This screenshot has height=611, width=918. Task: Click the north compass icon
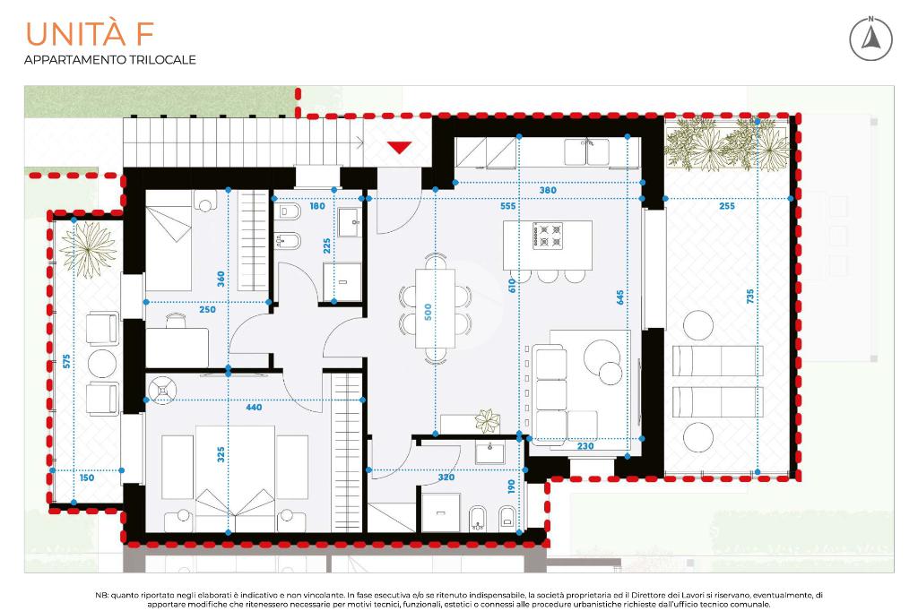point(870,39)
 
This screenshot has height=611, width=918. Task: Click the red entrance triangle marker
point(399,147)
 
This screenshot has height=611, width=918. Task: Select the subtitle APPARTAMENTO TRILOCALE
point(110,60)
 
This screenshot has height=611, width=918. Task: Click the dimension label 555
point(508,206)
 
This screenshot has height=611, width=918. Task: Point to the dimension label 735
point(750,297)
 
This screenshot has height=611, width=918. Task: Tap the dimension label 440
point(254,408)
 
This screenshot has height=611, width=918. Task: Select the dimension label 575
point(66,361)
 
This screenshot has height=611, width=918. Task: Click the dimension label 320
point(446,477)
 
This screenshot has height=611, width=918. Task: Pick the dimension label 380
point(548,190)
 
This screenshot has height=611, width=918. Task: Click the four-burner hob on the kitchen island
point(548,236)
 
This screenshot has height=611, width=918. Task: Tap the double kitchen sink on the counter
point(586,152)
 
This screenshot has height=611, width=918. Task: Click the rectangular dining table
point(435,308)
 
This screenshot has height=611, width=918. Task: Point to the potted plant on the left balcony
point(89,249)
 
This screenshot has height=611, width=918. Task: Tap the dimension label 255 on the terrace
point(726,206)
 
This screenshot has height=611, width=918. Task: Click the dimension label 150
point(87,478)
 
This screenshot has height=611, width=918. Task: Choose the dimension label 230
point(585,446)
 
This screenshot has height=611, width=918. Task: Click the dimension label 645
point(620,297)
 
